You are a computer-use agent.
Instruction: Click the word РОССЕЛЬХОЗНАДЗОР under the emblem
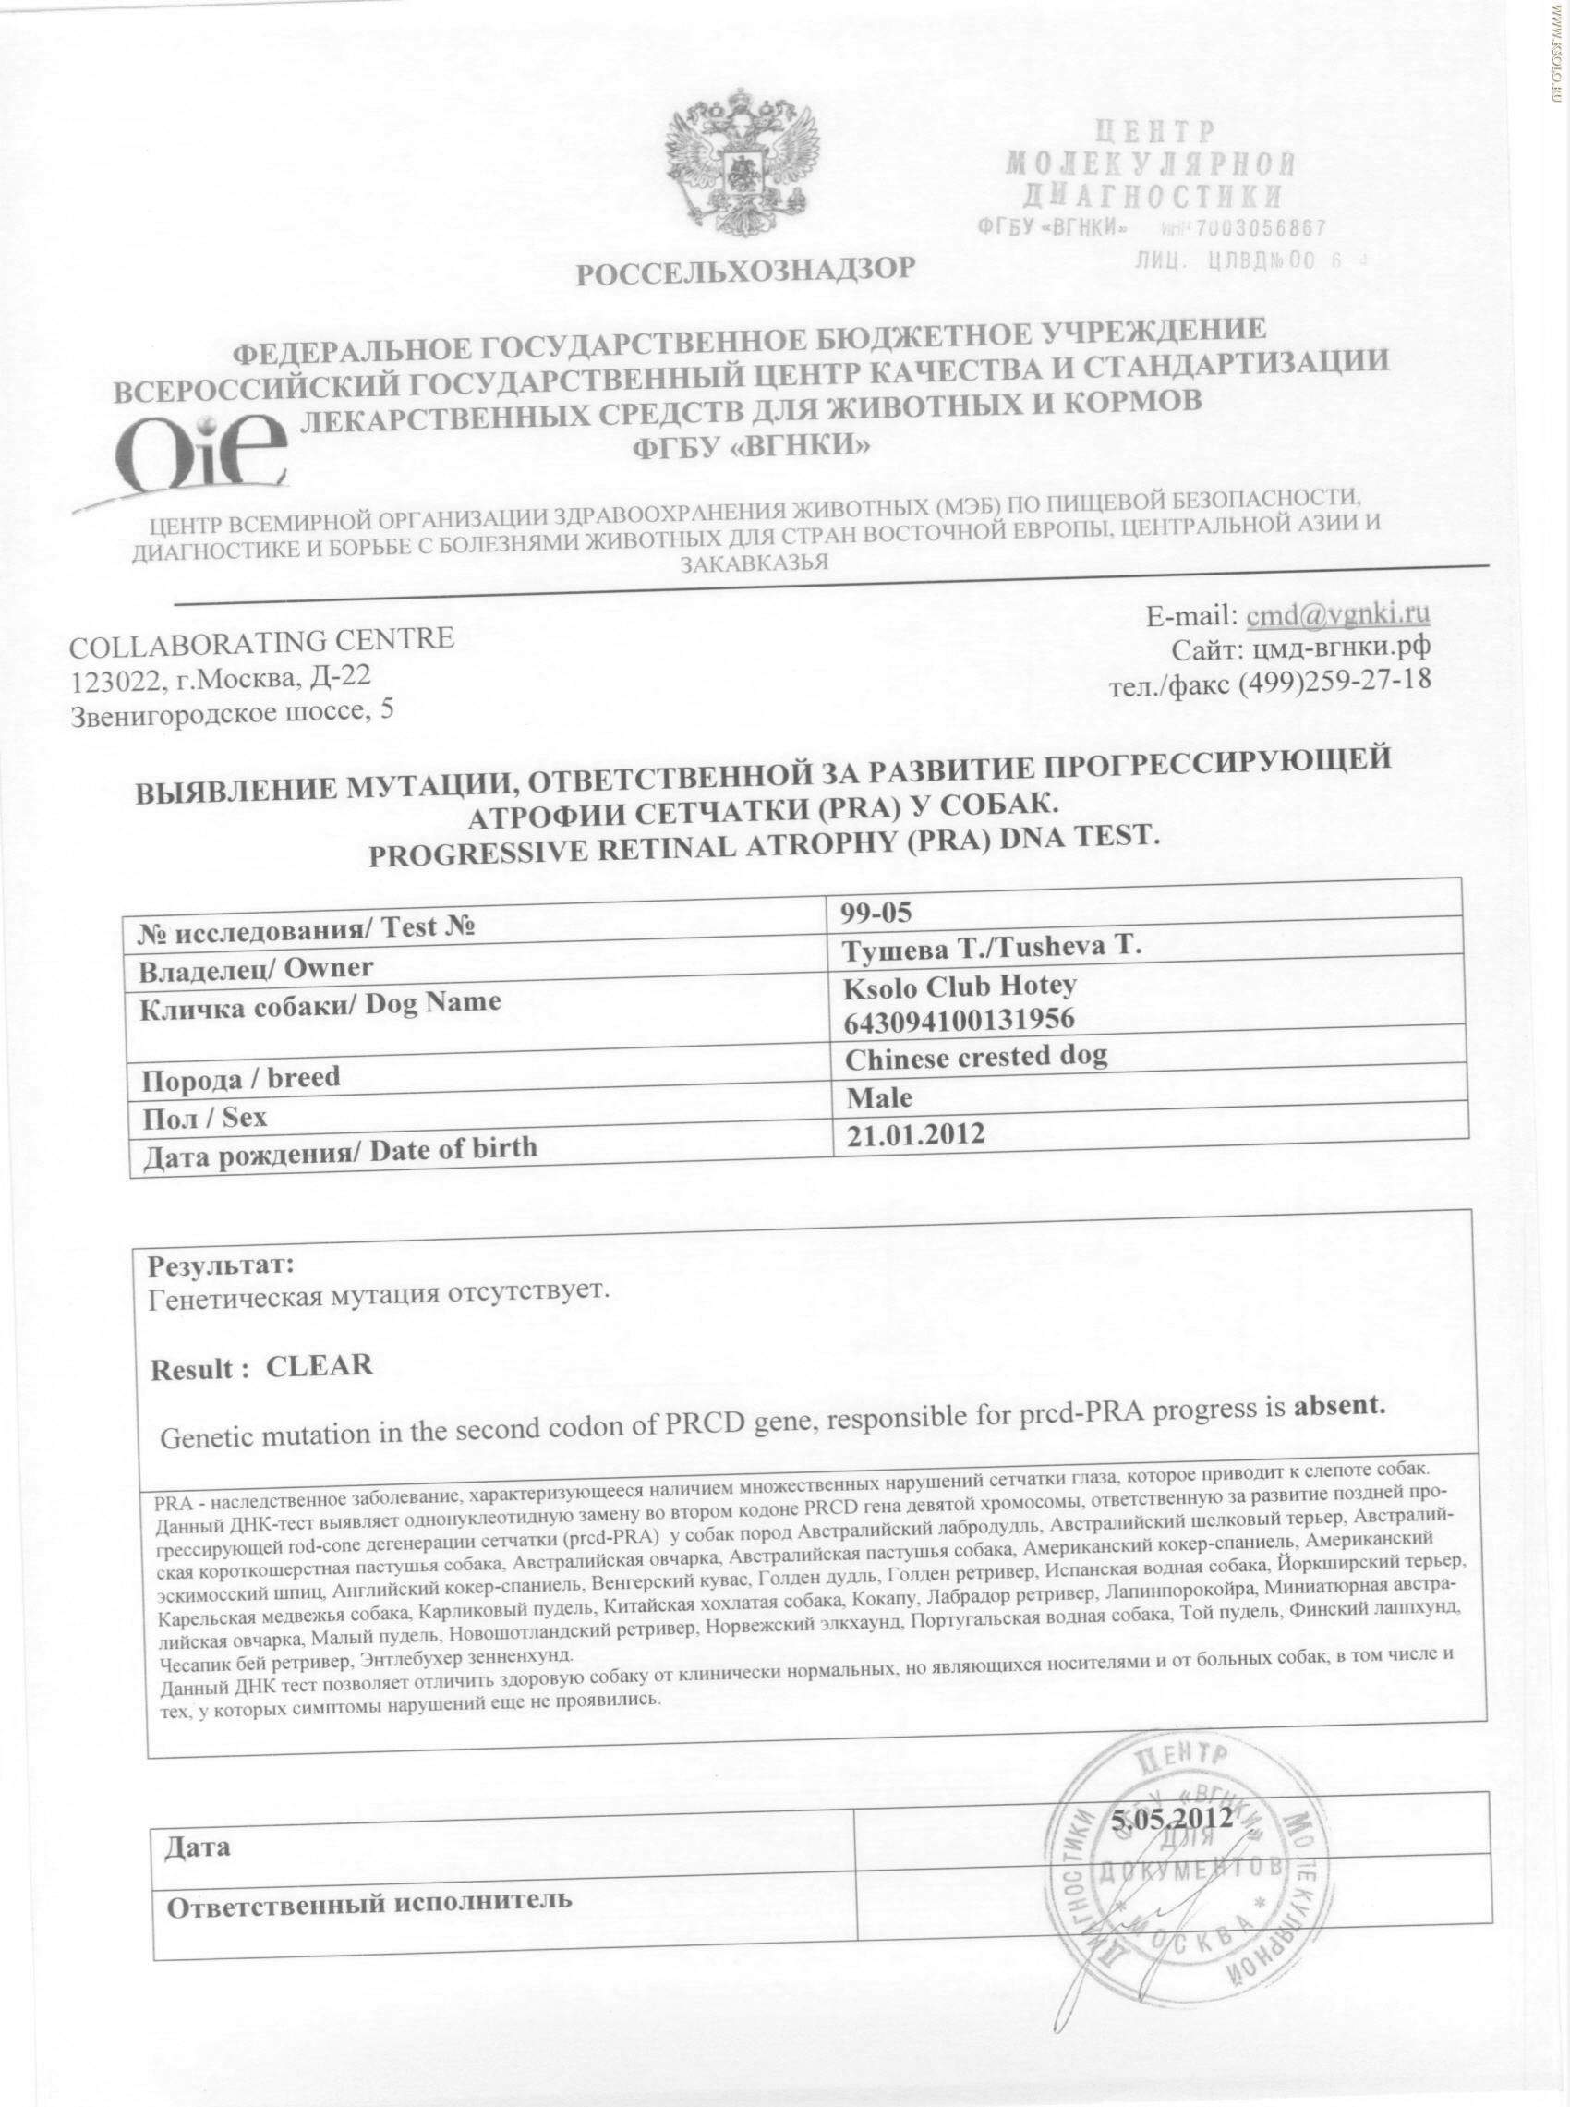(745, 271)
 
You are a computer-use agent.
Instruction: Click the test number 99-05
(876, 913)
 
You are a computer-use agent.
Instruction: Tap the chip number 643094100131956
(960, 1020)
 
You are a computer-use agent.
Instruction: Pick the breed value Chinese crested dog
(976, 1057)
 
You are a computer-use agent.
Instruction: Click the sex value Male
(879, 1097)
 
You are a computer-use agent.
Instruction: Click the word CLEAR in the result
(320, 1365)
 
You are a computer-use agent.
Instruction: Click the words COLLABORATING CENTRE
(262, 641)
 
